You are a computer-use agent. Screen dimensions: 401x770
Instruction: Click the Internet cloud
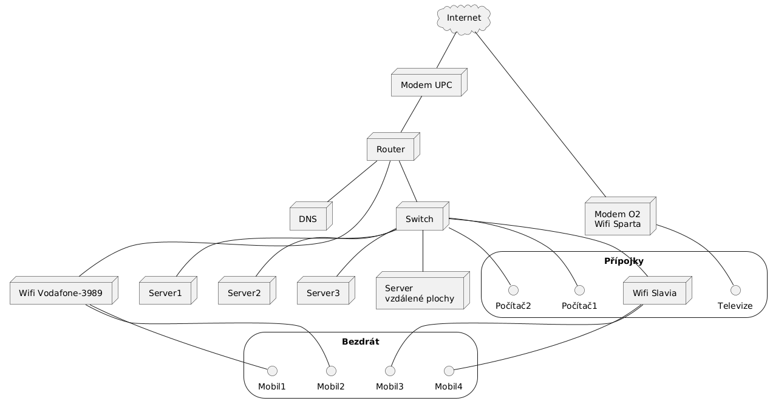coord(464,18)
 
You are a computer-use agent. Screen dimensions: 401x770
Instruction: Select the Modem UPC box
coord(427,85)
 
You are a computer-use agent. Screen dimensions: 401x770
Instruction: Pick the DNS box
coord(308,218)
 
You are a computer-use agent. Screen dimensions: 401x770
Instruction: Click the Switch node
coord(419,218)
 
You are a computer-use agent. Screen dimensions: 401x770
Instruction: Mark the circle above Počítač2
coord(513,288)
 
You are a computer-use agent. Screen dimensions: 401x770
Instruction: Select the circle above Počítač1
coord(579,288)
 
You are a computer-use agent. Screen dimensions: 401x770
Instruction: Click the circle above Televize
coord(735,288)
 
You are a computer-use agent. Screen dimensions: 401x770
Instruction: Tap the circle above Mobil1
coord(271,369)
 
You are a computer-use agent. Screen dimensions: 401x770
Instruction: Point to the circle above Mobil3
coord(390,369)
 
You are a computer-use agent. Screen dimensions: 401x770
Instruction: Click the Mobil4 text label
coord(449,386)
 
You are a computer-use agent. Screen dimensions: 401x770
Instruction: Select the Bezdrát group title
coord(360,342)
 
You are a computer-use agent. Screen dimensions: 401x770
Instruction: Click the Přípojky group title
coord(624,261)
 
